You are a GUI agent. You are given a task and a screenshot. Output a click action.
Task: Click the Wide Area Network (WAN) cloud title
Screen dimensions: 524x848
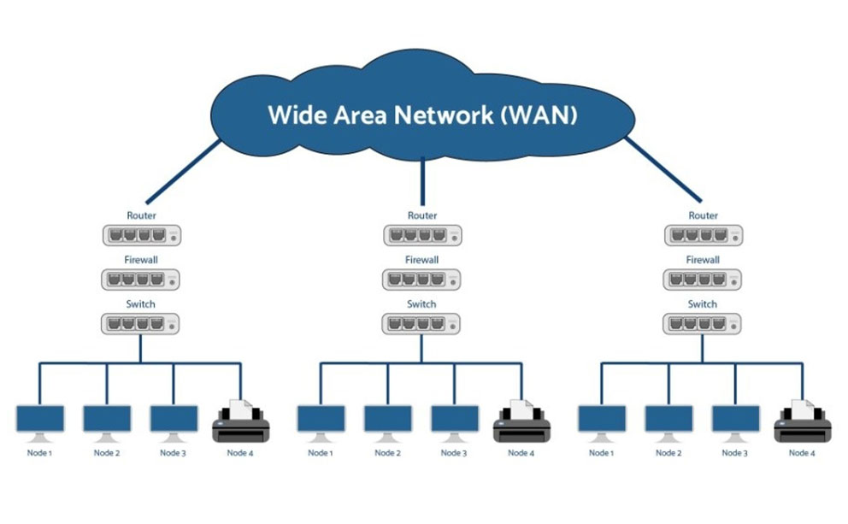(422, 115)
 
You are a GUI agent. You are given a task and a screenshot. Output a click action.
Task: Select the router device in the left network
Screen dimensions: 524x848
(142, 235)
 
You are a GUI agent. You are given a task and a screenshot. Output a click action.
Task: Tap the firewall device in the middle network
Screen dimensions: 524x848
(422, 280)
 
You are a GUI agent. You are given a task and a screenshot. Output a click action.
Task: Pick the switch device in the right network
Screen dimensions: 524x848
(704, 324)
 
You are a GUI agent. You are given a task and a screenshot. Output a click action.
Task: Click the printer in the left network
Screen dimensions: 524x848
(240, 420)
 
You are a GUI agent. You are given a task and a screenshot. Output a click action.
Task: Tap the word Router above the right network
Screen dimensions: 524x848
(704, 215)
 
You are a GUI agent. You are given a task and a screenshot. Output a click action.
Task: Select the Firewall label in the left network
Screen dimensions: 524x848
(142, 260)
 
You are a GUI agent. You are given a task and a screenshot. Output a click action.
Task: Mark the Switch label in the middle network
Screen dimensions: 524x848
(422, 304)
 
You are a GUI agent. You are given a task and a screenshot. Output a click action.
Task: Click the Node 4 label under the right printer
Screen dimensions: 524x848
(802, 453)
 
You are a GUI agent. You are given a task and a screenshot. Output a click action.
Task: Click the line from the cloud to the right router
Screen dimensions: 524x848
(666, 171)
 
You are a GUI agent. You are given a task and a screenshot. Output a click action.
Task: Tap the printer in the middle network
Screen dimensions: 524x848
(521, 420)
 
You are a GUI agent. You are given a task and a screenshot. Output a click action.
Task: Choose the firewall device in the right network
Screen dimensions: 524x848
(704, 280)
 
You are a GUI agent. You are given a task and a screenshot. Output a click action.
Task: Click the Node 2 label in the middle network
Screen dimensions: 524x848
(387, 453)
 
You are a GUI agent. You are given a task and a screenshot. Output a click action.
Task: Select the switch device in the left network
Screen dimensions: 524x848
(142, 324)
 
